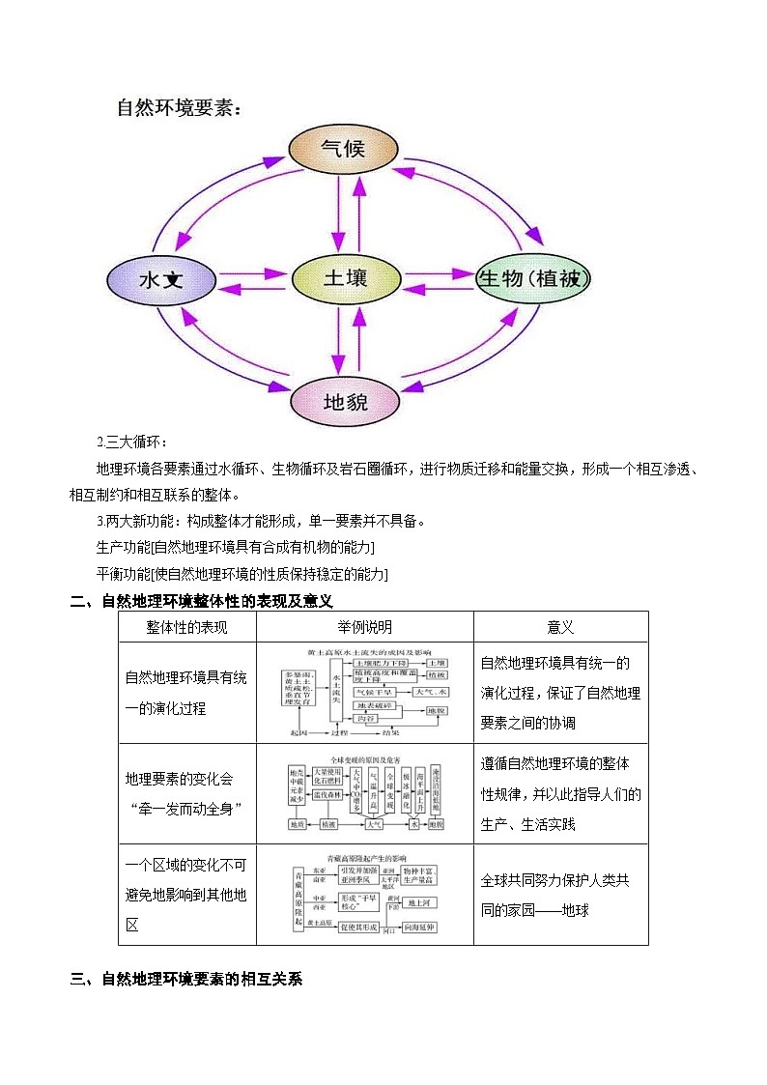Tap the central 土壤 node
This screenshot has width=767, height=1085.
click(344, 277)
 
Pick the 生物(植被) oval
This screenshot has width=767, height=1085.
click(532, 279)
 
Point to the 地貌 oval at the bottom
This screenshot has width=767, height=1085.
click(345, 402)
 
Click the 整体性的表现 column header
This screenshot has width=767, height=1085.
click(186, 628)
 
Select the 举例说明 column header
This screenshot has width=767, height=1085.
click(364, 628)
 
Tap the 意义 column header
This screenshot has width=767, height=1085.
click(560, 628)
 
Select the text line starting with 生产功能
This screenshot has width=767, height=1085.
click(236, 548)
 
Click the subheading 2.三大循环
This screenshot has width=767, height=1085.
click(132, 443)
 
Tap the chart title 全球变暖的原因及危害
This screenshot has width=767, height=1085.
click(364, 759)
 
